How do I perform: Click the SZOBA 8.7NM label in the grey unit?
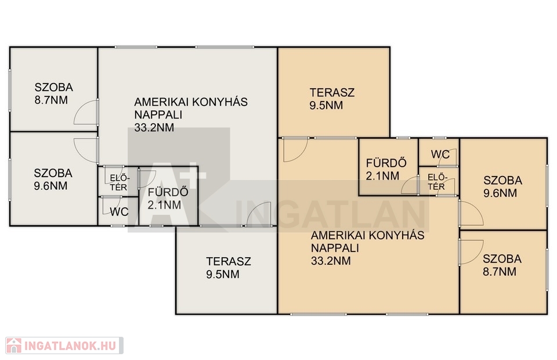(53, 93)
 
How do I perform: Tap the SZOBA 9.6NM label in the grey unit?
(53, 179)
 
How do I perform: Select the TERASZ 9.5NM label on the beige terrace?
(332, 99)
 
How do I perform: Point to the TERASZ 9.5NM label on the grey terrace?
(229, 268)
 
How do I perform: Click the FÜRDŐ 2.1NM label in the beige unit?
(386, 169)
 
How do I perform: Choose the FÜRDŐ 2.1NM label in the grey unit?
(168, 199)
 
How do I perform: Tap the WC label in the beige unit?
(440, 154)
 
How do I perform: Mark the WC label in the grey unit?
(119, 212)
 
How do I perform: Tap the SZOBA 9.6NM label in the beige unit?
(502, 186)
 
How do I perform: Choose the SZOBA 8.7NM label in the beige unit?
(502, 265)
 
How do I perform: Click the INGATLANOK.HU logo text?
(70, 346)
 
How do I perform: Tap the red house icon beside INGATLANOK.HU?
(14, 345)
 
